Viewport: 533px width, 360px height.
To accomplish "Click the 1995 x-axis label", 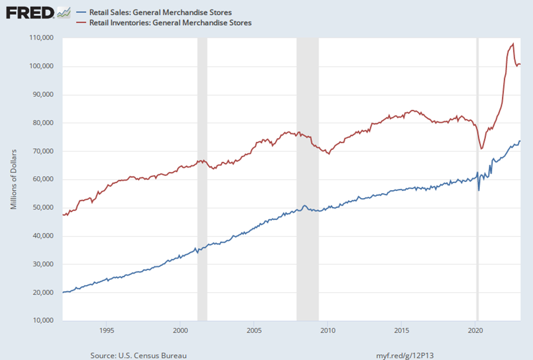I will (107, 330).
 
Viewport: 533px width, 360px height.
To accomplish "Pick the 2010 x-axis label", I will (327, 330).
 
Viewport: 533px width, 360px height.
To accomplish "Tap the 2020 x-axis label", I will (475, 330).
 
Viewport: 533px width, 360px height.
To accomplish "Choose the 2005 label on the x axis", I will (254, 330).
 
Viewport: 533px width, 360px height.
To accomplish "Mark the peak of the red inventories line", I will (513, 44).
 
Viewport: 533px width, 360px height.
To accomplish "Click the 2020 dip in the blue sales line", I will (479, 190).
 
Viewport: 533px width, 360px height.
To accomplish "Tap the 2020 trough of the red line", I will (481, 148).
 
